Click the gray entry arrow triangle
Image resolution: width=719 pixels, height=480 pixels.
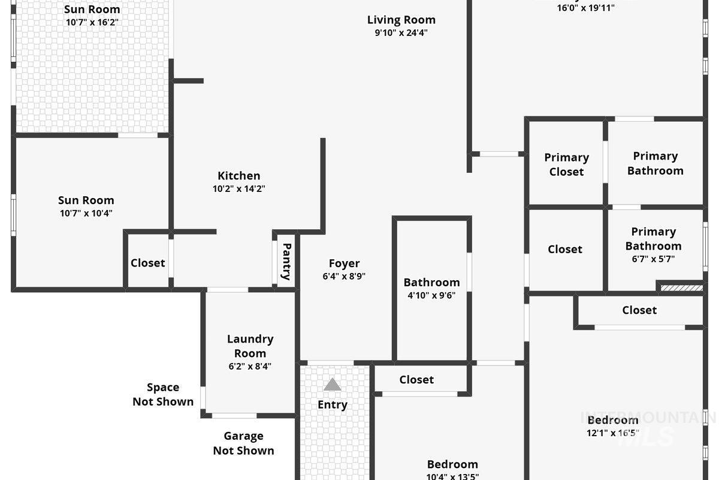332,385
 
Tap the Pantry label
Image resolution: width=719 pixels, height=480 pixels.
286,261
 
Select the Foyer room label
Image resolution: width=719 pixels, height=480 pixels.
344,263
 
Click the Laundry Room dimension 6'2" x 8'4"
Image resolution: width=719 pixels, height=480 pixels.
250,366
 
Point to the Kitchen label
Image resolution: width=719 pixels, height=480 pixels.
238,176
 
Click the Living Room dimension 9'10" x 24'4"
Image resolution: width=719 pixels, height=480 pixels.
401,33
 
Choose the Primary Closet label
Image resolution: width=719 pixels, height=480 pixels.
566,164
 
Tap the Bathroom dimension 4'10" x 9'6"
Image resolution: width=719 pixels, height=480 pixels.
431,295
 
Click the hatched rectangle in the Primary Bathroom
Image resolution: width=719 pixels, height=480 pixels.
681,288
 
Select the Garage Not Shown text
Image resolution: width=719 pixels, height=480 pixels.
243,443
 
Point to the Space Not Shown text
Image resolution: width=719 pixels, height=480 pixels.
163,395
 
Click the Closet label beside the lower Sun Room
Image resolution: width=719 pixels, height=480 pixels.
147,263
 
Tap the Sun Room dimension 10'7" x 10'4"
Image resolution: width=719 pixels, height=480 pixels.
86,213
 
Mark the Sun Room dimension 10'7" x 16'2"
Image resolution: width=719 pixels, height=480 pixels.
92,22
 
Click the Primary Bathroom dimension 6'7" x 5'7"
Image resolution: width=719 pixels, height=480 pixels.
653,259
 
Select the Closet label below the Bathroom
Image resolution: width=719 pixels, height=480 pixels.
416,380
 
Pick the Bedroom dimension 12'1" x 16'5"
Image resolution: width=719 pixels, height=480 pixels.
613,433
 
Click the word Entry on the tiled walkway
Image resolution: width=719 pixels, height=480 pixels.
332,405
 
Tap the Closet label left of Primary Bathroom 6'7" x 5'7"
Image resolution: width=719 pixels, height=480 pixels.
564,249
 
